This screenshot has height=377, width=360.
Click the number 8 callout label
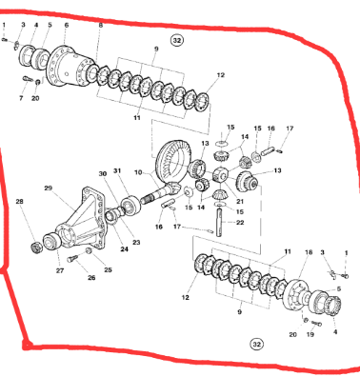click(x=101, y=26)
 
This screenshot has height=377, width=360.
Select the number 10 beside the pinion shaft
click(x=138, y=172)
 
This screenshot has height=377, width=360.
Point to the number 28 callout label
click(x=19, y=202)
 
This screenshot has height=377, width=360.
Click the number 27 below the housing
click(x=59, y=271)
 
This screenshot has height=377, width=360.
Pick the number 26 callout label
click(x=91, y=278)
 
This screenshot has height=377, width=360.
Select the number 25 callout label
click(x=108, y=270)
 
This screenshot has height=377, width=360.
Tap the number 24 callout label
click(x=124, y=250)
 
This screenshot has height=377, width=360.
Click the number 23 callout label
click(x=135, y=243)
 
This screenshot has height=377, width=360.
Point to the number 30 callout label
click(x=103, y=173)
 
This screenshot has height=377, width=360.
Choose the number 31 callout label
click(x=118, y=170)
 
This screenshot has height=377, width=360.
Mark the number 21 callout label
click(x=240, y=202)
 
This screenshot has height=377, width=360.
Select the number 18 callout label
click(x=308, y=251)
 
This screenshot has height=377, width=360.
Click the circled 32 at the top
click(x=176, y=41)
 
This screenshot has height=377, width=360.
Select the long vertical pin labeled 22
click(x=221, y=225)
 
